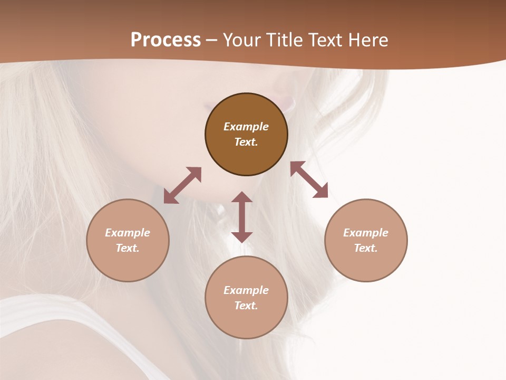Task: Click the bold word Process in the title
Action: click(x=166, y=40)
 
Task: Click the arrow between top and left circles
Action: click(x=182, y=185)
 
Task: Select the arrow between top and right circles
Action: click(x=309, y=180)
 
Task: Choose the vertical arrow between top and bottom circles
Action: click(x=242, y=217)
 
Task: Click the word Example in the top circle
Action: click(x=246, y=127)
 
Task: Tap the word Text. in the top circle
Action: click(x=246, y=142)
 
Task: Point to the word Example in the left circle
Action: click(x=128, y=233)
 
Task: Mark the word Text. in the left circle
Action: click(x=128, y=248)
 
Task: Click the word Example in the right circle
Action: click(x=366, y=233)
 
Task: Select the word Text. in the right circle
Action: click(x=366, y=248)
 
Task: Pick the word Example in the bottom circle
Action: click(x=246, y=290)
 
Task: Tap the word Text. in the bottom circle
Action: click(x=246, y=306)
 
